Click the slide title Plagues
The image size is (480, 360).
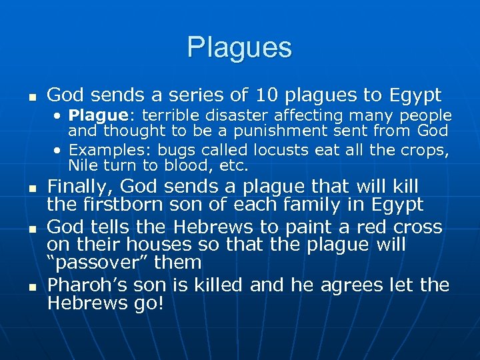[239, 47]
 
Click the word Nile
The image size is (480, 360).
[83, 165]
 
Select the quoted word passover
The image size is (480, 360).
[117, 263]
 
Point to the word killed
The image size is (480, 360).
[218, 285]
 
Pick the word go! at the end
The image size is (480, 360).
[155, 303]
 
